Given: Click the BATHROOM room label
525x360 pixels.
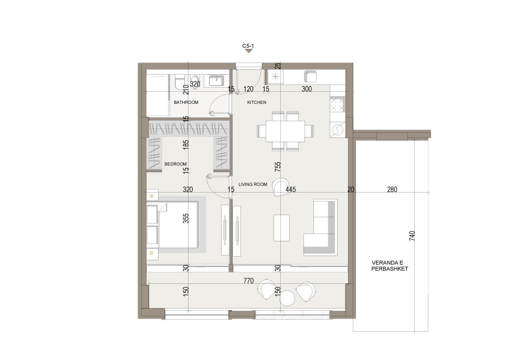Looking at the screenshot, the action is click(186, 102).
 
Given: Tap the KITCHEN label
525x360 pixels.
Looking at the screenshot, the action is click(257, 102).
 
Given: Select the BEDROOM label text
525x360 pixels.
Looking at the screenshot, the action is click(175, 164).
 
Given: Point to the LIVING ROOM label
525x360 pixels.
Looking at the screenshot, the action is click(253, 184).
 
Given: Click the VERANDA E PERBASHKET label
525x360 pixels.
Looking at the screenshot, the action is click(390, 266).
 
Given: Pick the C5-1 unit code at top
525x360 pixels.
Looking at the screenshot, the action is click(248, 46).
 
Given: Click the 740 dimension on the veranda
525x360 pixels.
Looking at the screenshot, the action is click(412, 236).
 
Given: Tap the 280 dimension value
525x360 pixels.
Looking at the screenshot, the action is click(392, 189).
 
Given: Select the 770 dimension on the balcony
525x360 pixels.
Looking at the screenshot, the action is click(249, 281).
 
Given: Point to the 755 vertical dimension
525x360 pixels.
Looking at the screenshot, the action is click(278, 166).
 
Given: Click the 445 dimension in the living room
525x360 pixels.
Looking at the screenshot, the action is click(291, 189).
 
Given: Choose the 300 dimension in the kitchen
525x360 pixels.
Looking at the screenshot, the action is click(307, 89).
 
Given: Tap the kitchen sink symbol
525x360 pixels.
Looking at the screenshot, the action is click(311, 77).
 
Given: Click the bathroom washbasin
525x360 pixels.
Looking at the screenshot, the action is click(217, 81).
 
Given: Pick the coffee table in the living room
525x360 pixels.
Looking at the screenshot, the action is click(281, 228).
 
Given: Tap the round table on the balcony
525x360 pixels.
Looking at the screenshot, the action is click(287, 298).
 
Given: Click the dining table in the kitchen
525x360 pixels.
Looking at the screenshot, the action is click(285, 131).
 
